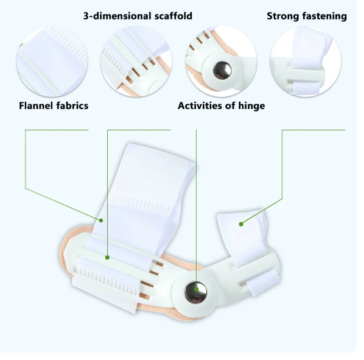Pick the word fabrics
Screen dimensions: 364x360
tap(73, 105)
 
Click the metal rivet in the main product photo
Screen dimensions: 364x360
tap(196, 292)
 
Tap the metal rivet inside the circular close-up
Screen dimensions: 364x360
tap(222, 70)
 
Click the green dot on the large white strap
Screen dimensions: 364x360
tap(101, 220)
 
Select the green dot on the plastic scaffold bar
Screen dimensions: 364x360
tap(107, 257)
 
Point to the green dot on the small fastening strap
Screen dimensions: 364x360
tap(241, 224)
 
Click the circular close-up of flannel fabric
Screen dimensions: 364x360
tap(52, 62)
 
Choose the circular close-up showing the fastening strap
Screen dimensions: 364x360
tap(306, 62)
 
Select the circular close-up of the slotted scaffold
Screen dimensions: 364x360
tap(136, 62)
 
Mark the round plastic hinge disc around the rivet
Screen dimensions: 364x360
tap(196, 292)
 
